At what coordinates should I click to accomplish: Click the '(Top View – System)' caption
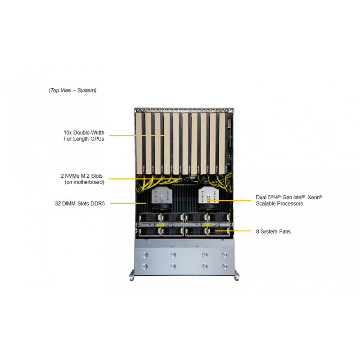(x=72, y=90)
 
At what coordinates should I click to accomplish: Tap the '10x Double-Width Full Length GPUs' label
(x=84, y=136)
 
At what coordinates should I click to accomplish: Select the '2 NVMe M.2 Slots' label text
(x=81, y=176)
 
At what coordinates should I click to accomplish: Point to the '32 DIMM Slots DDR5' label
(x=80, y=203)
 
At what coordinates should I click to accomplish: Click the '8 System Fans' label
(x=273, y=231)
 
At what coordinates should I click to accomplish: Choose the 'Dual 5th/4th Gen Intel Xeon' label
(x=289, y=197)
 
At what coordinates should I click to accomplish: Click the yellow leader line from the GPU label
(x=137, y=135)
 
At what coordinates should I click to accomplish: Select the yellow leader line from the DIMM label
(x=128, y=203)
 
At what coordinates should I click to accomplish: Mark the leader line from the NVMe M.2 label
(x=145, y=178)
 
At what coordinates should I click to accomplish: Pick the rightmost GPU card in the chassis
(x=223, y=143)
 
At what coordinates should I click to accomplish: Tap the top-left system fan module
(x=149, y=218)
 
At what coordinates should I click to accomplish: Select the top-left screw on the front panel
(x=144, y=255)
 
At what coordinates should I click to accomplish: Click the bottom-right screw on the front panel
(x=225, y=266)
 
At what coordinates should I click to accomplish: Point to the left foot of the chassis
(x=132, y=275)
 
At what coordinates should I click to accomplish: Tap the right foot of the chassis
(x=236, y=275)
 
